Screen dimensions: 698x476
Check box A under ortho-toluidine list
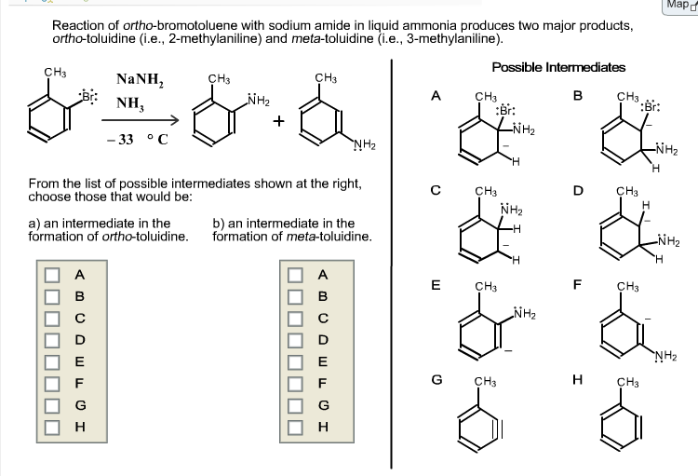[51, 275]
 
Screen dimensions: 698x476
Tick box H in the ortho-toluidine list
[51, 427]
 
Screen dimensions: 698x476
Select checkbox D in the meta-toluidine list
[295, 340]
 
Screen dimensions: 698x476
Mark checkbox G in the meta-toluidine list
[295, 405]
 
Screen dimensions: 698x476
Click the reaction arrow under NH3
[140, 120]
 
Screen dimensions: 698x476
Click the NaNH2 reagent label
[140, 79]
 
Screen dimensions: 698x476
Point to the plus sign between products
[278, 121]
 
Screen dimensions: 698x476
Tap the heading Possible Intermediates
[558, 67]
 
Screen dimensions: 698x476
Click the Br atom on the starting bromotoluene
[88, 96]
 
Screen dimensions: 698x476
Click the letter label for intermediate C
[436, 190]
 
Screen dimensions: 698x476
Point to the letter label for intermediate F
[577, 284]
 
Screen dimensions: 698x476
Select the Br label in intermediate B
[651, 106]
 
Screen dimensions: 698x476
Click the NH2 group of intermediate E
[524, 313]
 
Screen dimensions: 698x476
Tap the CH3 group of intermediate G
[485, 382]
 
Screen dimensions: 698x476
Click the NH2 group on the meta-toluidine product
[364, 145]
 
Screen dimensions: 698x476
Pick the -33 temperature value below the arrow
[120, 140]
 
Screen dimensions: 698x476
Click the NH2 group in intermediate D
[668, 241]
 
